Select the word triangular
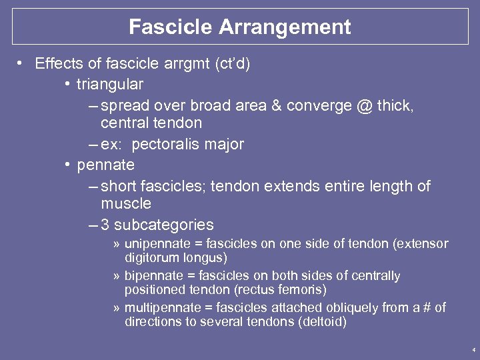pos(110,85)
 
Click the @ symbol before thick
pos(363,106)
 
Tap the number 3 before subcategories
pos(105,225)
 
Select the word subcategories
pos(164,225)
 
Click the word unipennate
pos(151,244)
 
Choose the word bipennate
pos(149,276)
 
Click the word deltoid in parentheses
pos(327,322)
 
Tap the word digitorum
pos(145,257)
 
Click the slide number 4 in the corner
pos(473,350)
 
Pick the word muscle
pos(126,203)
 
